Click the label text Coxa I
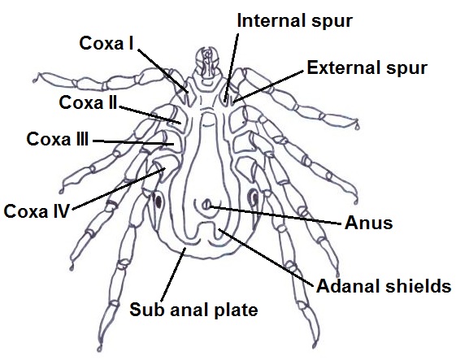click(106, 43)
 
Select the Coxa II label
click(88, 102)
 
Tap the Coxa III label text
click(57, 139)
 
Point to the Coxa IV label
click(37, 210)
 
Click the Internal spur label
click(294, 20)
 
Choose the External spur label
click(367, 67)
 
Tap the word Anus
click(369, 223)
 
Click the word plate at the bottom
click(236, 310)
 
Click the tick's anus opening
click(207, 204)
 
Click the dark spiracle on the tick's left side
click(158, 201)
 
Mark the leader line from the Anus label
click(275, 215)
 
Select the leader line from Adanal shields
click(266, 257)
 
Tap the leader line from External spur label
click(268, 86)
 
